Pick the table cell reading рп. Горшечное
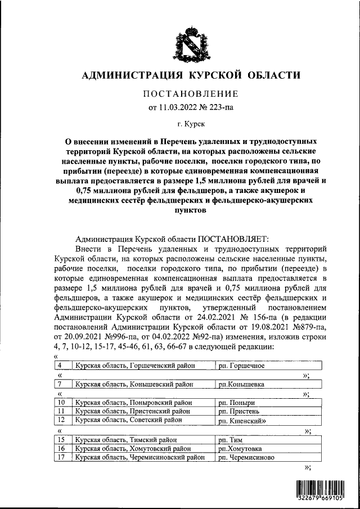[241, 366]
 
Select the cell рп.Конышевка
[241, 385]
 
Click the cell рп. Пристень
[239, 411]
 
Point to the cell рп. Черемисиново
[246, 458]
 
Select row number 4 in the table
[60, 366]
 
